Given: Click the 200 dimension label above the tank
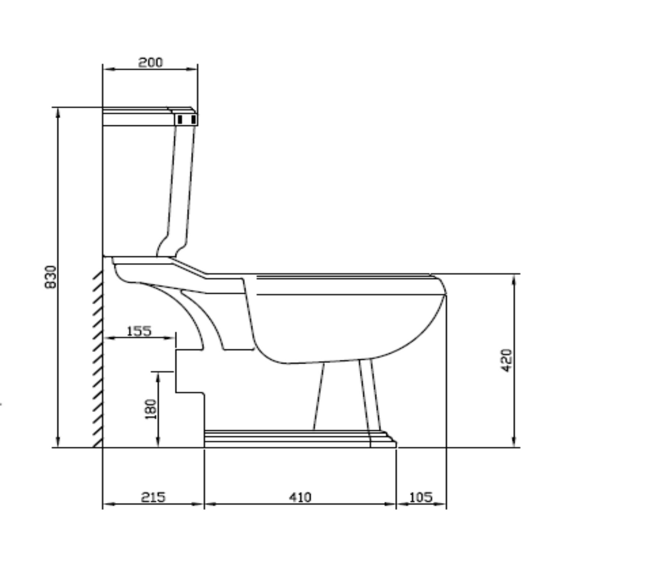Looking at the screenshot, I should [x=150, y=62].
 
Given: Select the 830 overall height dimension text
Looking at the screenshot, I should [x=51, y=277].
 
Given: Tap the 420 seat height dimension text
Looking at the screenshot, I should [x=507, y=360].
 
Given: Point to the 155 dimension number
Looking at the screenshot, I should [x=138, y=331].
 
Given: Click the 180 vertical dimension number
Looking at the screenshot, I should [x=151, y=409].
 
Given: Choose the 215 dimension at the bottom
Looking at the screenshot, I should [x=153, y=497].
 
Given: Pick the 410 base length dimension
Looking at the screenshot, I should [x=300, y=497].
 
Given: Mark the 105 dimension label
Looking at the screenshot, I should [x=421, y=497].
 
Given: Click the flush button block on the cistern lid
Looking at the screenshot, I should [x=186, y=119].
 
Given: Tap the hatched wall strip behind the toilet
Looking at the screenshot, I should [x=97, y=357].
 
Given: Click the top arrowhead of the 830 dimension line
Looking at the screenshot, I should [x=58, y=112].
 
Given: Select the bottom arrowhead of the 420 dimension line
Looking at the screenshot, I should [x=514, y=443].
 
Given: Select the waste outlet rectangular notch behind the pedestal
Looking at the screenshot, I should [x=189, y=370].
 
